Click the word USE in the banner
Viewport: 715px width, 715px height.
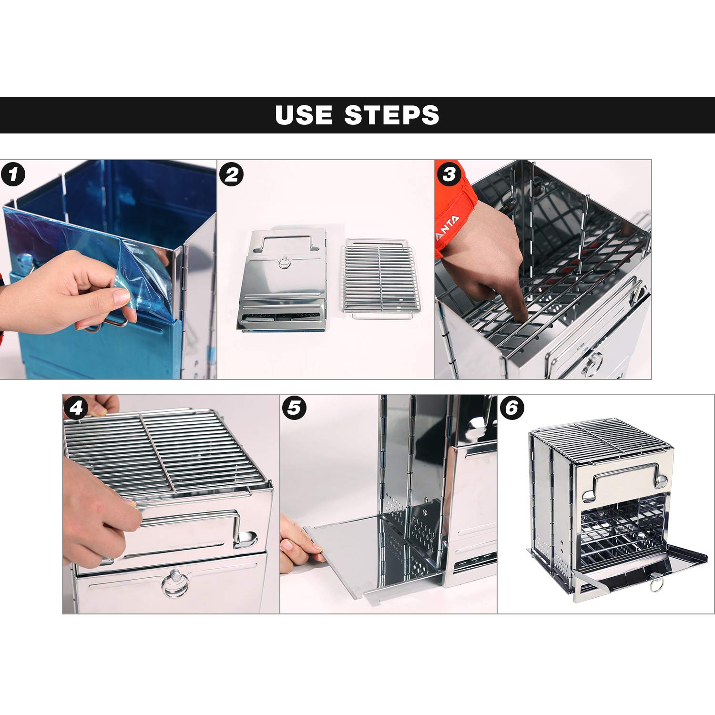pyautogui.click(x=303, y=115)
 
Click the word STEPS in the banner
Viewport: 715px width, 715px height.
pyautogui.click(x=391, y=115)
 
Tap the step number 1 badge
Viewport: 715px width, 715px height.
pyautogui.click(x=13, y=174)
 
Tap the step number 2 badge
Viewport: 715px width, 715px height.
pyautogui.click(x=232, y=174)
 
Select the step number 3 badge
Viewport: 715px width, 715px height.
pyautogui.click(x=449, y=174)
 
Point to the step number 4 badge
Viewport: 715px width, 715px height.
pyautogui.click(x=76, y=408)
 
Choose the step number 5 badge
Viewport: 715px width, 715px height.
pyautogui.click(x=294, y=408)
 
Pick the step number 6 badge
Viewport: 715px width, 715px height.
pyautogui.click(x=511, y=408)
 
